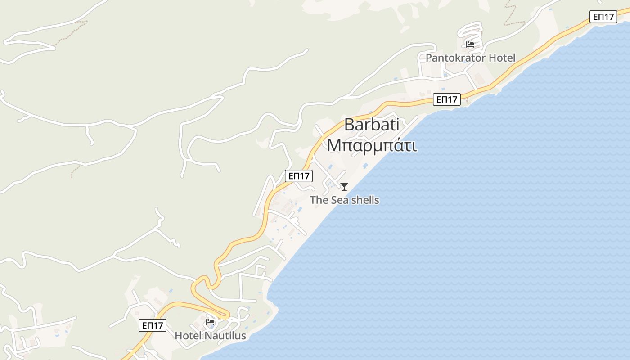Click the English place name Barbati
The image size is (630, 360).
tap(372, 125)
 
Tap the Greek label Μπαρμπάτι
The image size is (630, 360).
tap(372, 145)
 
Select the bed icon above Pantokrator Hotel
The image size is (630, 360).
tap(470, 45)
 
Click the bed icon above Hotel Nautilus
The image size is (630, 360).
tap(210, 322)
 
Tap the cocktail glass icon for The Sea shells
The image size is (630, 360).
tap(344, 187)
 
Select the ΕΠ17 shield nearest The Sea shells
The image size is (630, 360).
tap(299, 176)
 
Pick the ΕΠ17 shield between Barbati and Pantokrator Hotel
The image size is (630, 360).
tap(447, 99)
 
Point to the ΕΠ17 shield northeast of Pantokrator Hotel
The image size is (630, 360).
tap(603, 17)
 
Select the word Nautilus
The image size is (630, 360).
tap(225, 336)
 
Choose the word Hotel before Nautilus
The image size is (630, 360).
tap(188, 336)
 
